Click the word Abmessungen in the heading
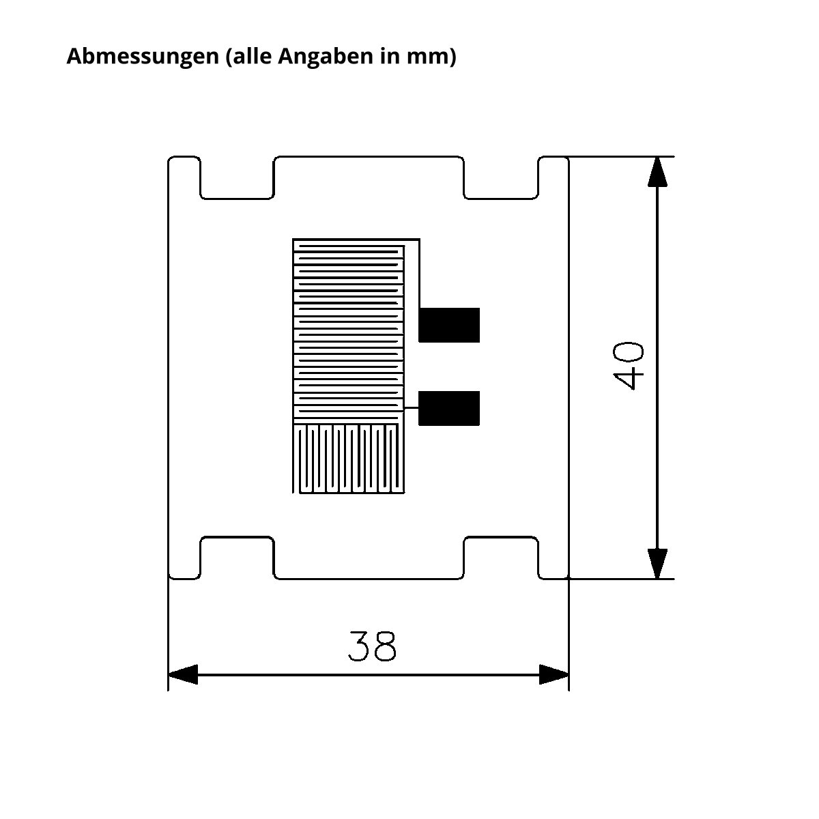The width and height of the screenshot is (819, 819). point(143,57)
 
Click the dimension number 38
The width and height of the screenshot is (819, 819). point(373,646)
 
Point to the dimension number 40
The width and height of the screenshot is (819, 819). point(629,366)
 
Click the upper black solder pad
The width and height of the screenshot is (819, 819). point(449,325)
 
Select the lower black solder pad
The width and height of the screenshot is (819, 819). point(449,408)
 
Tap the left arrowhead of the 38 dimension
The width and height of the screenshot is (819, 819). point(183,674)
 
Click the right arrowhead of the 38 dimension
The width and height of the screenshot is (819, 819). point(554,674)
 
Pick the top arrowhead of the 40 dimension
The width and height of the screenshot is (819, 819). point(657,172)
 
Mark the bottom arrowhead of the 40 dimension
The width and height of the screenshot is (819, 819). point(657,564)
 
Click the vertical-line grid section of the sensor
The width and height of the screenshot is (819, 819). point(349,459)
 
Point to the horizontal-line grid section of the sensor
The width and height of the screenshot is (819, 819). point(349,332)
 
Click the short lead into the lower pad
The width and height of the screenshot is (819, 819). point(412,408)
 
